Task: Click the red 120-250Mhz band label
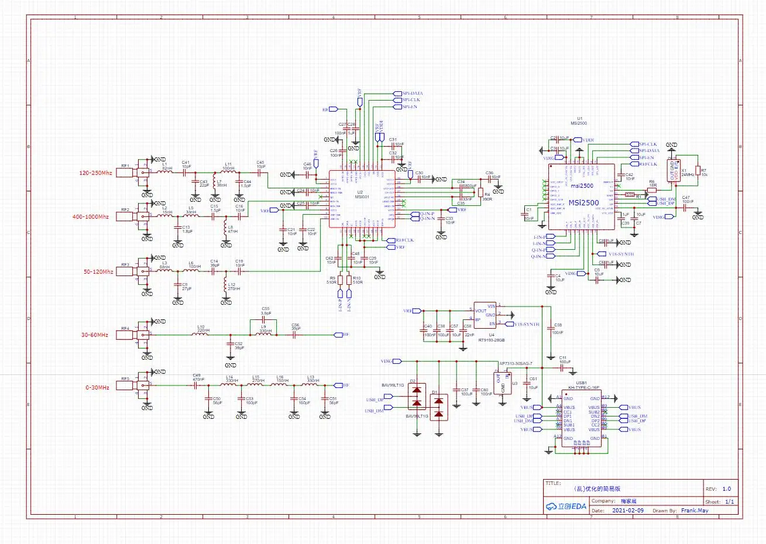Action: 95,173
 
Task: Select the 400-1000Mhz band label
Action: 90,217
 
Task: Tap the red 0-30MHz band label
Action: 97,388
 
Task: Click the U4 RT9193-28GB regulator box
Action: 485,316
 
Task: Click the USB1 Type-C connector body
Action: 581,418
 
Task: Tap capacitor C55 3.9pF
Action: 266,315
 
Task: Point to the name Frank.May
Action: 694,510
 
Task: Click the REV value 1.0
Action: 726,488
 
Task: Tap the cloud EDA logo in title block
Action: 565,506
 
